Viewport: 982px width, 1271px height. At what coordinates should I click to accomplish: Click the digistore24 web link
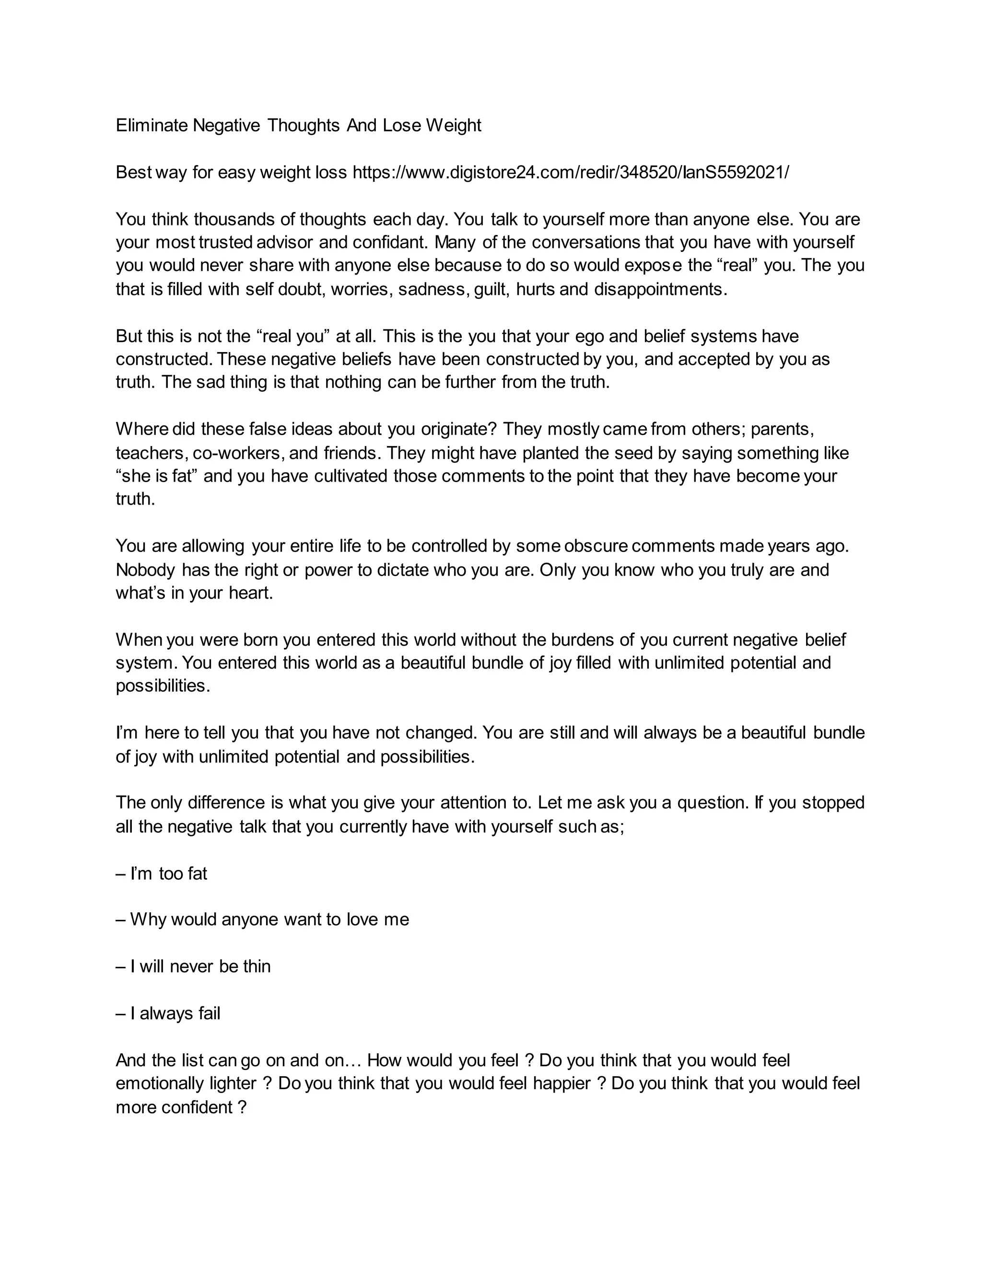coord(571,172)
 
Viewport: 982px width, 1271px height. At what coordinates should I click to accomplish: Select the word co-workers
coord(237,453)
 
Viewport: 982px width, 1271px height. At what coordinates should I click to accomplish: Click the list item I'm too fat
coord(162,873)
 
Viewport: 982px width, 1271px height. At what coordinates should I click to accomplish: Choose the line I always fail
coord(168,1014)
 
